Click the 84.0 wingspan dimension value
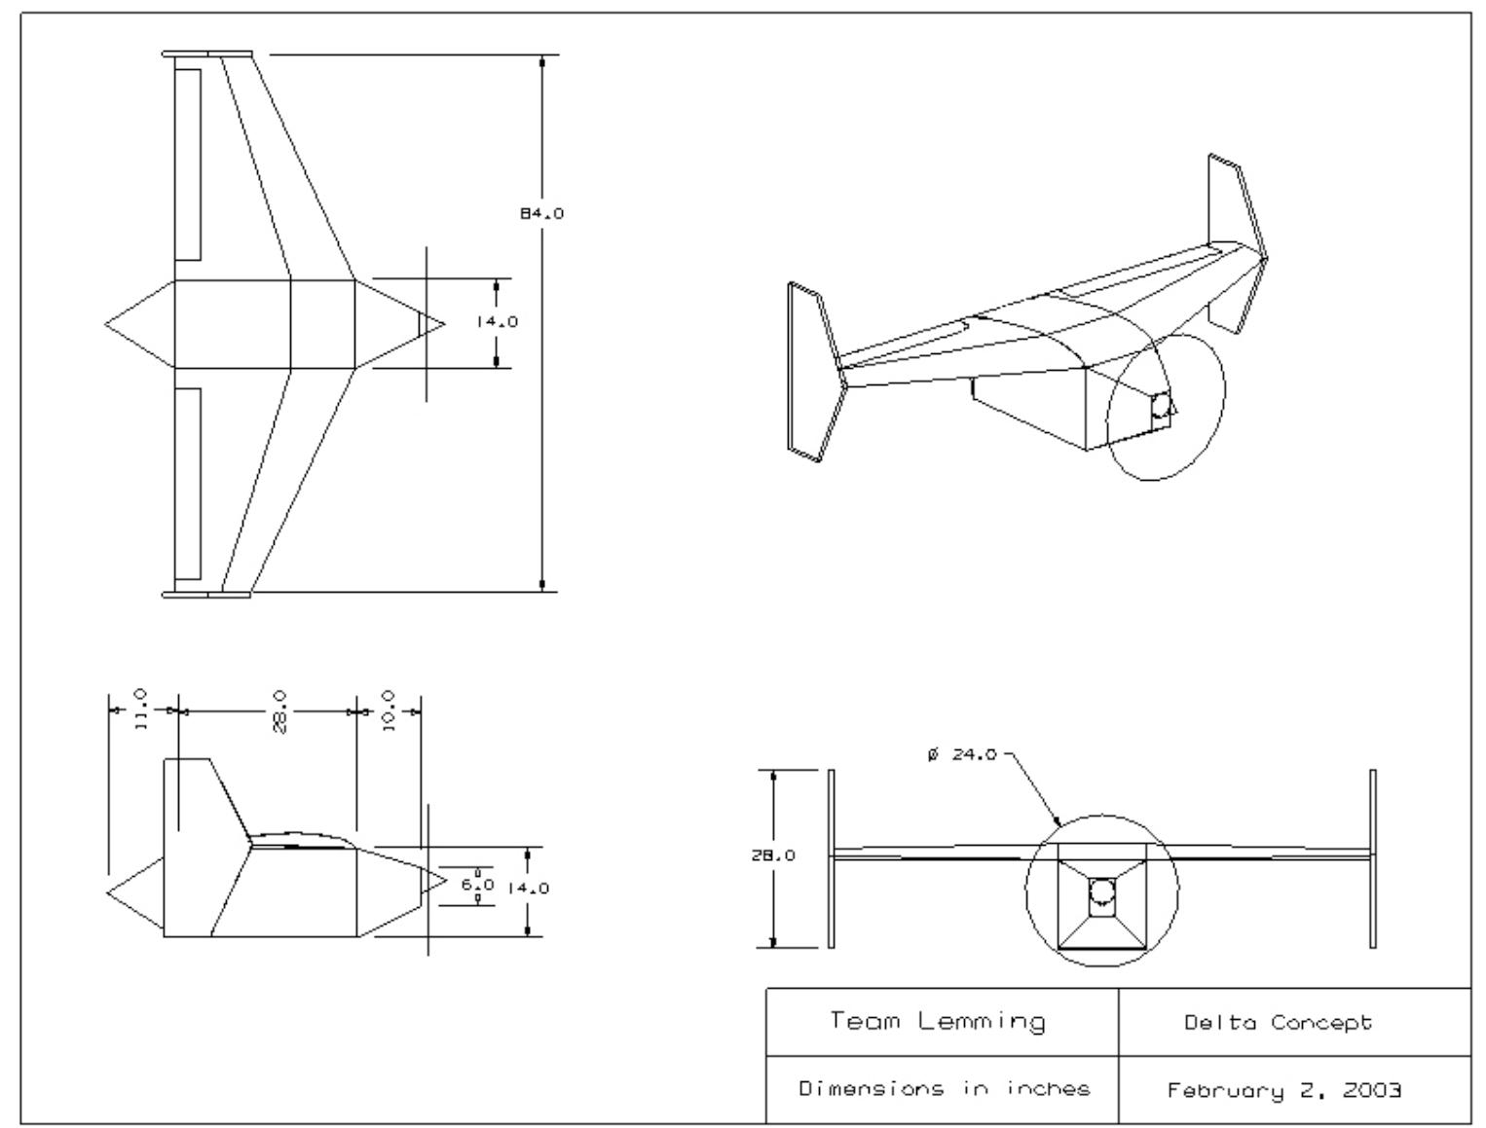click(541, 214)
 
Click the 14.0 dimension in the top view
click(497, 322)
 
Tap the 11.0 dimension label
click(140, 711)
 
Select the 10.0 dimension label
click(389, 711)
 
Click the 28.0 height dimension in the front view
click(778, 855)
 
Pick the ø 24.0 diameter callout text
click(962, 754)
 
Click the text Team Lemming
click(938, 1022)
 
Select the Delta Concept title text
click(1278, 1023)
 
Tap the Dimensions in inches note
click(944, 1088)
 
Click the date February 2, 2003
click(1284, 1089)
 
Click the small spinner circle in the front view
click(1101, 891)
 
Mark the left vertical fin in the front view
click(831, 857)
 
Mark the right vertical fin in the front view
click(1373, 857)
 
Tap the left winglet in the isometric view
click(815, 370)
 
